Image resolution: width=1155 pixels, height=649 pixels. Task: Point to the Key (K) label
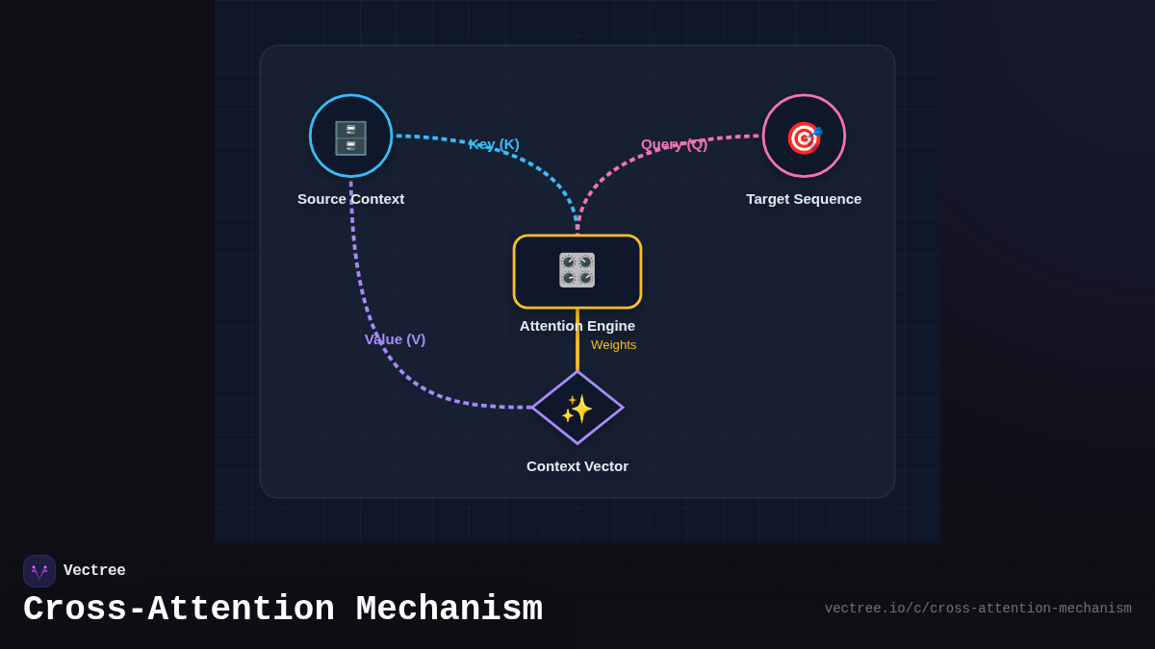[x=494, y=144]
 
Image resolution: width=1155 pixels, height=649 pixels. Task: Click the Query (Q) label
[x=674, y=144]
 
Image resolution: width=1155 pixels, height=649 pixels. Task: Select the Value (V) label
[x=395, y=339]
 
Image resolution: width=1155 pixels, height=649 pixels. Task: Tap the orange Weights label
[x=613, y=345]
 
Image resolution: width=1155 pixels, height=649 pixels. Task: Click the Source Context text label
[x=350, y=199]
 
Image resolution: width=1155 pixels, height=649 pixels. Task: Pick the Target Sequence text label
[x=804, y=199]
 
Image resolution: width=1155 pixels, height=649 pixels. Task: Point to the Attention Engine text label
[x=577, y=326]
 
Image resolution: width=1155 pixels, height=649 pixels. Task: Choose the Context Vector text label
[x=577, y=466]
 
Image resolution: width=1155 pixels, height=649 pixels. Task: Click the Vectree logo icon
[x=39, y=571]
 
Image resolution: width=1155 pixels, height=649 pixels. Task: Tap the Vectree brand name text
[x=94, y=571]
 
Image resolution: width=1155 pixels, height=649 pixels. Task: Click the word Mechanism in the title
[x=449, y=610]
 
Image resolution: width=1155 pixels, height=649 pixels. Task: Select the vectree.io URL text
[x=978, y=609]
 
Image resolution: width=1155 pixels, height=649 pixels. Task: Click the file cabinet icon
[x=350, y=137]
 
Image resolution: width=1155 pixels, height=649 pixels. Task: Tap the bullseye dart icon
[x=804, y=137]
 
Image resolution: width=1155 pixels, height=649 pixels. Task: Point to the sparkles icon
[x=577, y=409]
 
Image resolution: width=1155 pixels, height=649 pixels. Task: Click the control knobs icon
[x=577, y=270]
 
